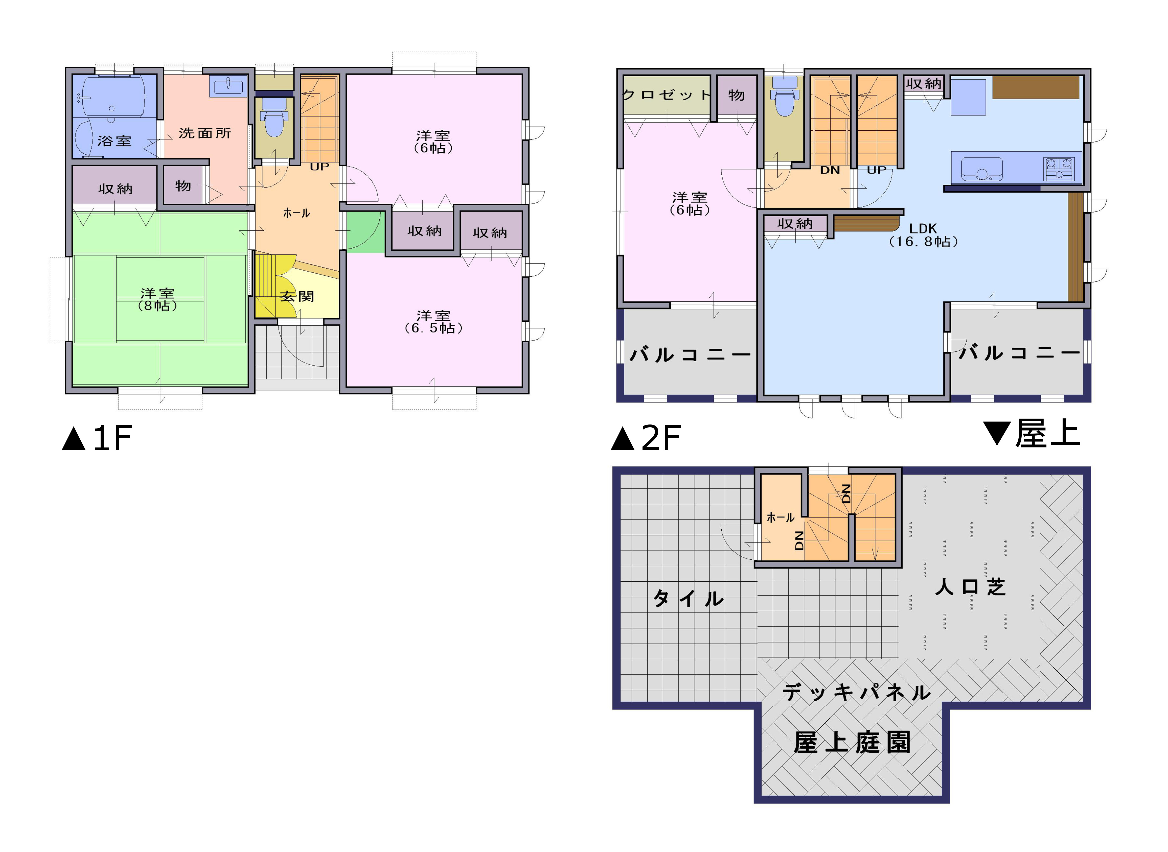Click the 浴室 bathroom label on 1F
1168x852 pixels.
point(114,141)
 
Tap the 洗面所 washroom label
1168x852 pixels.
point(205,133)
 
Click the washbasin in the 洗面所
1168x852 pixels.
point(228,86)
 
